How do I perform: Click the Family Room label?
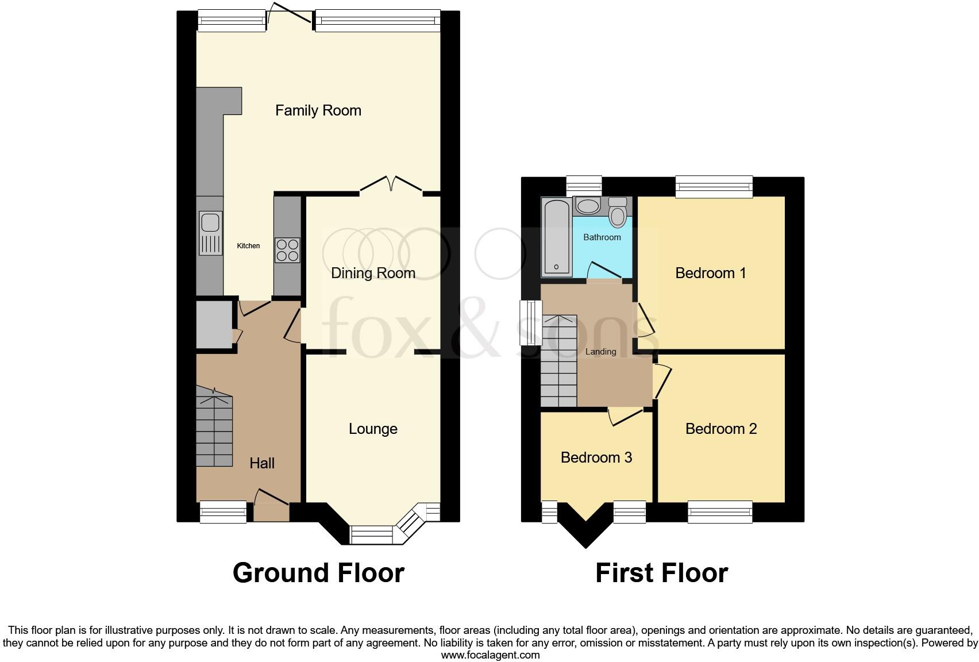[x=318, y=110]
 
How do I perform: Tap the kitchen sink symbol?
[x=210, y=233]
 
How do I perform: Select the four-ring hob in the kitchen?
[x=287, y=250]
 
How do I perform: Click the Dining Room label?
[x=373, y=273]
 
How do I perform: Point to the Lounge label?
[x=373, y=429]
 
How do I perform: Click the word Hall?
[x=261, y=463]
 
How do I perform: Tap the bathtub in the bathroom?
[x=556, y=236]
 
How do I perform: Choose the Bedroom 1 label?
[x=710, y=273]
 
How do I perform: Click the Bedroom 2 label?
[x=720, y=429]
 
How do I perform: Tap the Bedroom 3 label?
[x=596, y=457]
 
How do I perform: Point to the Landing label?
[x=600, y=352]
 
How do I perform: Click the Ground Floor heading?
[x=318, y=573]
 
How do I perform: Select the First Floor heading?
[x=661, y=573]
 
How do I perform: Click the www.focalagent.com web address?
[x=490, y=655]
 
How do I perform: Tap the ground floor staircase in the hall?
[x=214, y=428]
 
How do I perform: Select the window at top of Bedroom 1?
[x=714, y=186]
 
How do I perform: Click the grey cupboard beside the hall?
[x=214, y=325]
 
